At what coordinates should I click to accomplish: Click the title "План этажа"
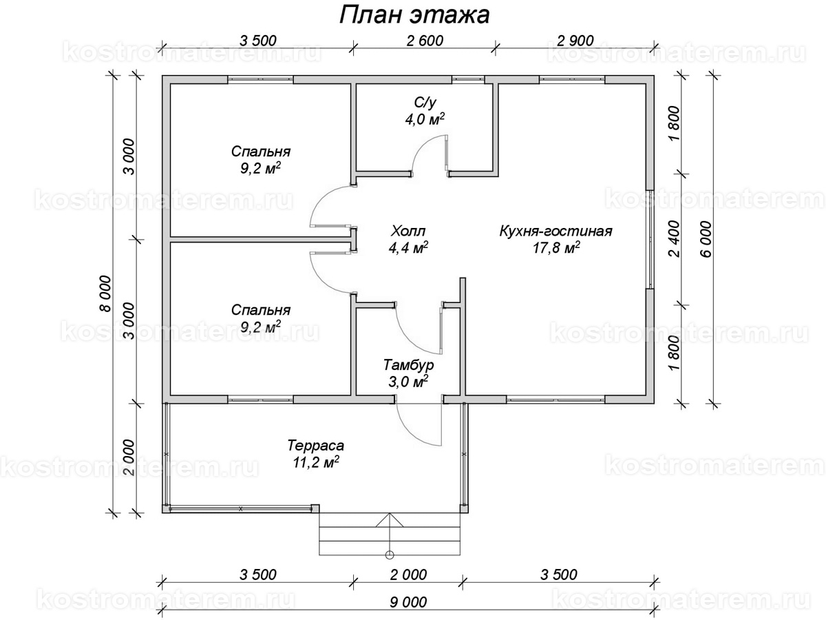coord(414,16)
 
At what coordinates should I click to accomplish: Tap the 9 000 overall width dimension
coord(408,602)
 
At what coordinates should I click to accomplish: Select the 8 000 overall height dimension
coord(106,293)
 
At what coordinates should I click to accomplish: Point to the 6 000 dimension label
coord(706,240)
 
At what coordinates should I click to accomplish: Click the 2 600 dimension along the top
coord(425,41)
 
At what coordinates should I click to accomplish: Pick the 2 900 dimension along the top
coord(575,41)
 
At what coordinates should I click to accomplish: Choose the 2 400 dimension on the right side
coord(675,238)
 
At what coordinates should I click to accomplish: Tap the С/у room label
coord(425,103)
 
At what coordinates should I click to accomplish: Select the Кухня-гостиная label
coord(555,231)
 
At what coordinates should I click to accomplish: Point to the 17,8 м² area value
coord(555,249)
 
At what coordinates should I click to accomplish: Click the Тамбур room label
coord(409,365)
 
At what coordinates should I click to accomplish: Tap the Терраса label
coord(316,445)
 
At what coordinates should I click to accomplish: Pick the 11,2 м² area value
coord(316,462)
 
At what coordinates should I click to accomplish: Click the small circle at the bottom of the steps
coord(390,555)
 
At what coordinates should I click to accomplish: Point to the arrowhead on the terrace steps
coord(390,520)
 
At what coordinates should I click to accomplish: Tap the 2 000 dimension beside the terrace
coord(128,457)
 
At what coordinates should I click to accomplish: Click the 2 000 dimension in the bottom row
coord(408,575)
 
